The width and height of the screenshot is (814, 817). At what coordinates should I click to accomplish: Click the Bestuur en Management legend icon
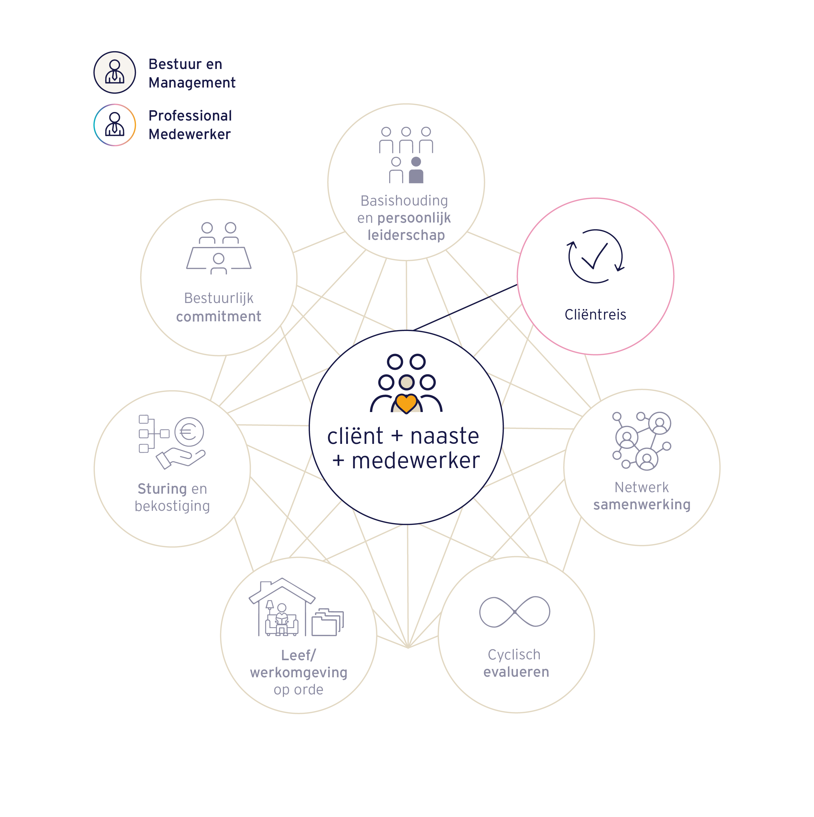click(x=115, y=72)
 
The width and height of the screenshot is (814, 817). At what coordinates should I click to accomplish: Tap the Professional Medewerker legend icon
click(x=115, y=125)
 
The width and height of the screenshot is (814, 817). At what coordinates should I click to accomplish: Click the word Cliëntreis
click(x=595, y=314)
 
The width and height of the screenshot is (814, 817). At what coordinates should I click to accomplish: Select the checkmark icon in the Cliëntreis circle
click(x=595, y=256)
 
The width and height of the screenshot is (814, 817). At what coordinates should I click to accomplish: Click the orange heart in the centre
click(x=407, y=403)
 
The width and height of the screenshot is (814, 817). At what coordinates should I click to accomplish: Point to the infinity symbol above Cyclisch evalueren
click(x=514, y=612)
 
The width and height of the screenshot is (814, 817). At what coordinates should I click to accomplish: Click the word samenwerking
click(x=642, y=505)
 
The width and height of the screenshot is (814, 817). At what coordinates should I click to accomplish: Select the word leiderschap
click(x=406, y=235)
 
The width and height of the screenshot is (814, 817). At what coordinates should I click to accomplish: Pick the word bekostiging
click(x=172, y=506)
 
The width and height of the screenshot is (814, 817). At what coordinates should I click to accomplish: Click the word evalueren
click(x=516, y=672)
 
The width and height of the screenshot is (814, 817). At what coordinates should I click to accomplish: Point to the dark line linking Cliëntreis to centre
click(x=465, y=307)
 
